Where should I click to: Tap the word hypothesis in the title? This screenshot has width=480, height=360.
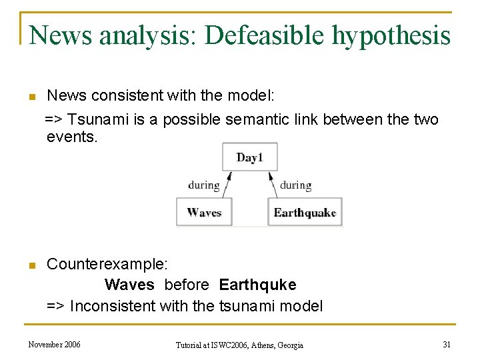(x=391, y=35)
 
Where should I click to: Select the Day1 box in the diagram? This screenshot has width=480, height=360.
(x=250, y=157)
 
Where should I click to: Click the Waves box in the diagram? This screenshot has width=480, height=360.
(x=204, y=212)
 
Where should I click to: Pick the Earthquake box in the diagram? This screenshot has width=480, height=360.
(x=305, y=212)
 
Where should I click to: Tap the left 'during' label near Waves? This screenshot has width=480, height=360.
(x=204, y=185)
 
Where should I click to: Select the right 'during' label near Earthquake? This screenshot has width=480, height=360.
(x=295, y=185)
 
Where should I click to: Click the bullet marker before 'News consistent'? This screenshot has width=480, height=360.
(x=31, y=97)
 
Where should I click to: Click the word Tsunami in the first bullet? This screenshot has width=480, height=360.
(x=97, y=120)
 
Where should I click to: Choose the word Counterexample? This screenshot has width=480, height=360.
(x=102, y=265)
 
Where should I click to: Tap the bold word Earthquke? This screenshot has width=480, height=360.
(x=257, y=285)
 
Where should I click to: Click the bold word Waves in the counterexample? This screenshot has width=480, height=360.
(x=129, y=285)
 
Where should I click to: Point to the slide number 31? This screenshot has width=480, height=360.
(x=447, y=344)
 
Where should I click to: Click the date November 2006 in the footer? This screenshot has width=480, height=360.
(x=55, y=344)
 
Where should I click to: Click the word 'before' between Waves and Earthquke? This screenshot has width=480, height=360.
(x=187, y=285)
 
